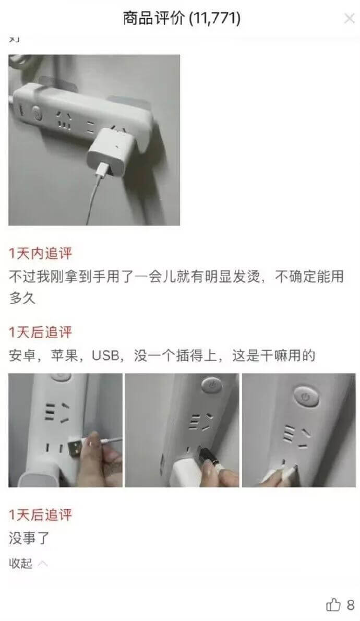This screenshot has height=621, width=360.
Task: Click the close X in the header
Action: click(349, 19)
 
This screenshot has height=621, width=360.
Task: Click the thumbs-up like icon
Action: click(333, 605)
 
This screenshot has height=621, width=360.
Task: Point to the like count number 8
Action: click(351, 605)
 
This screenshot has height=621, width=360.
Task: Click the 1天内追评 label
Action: click(40, 254)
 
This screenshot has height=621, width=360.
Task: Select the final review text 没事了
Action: click(29, 538)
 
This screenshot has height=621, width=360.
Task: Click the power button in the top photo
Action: click(37, 113)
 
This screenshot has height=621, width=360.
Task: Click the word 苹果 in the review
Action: click(64, 356)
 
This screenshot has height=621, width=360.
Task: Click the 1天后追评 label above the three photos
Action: click(40, 332)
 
